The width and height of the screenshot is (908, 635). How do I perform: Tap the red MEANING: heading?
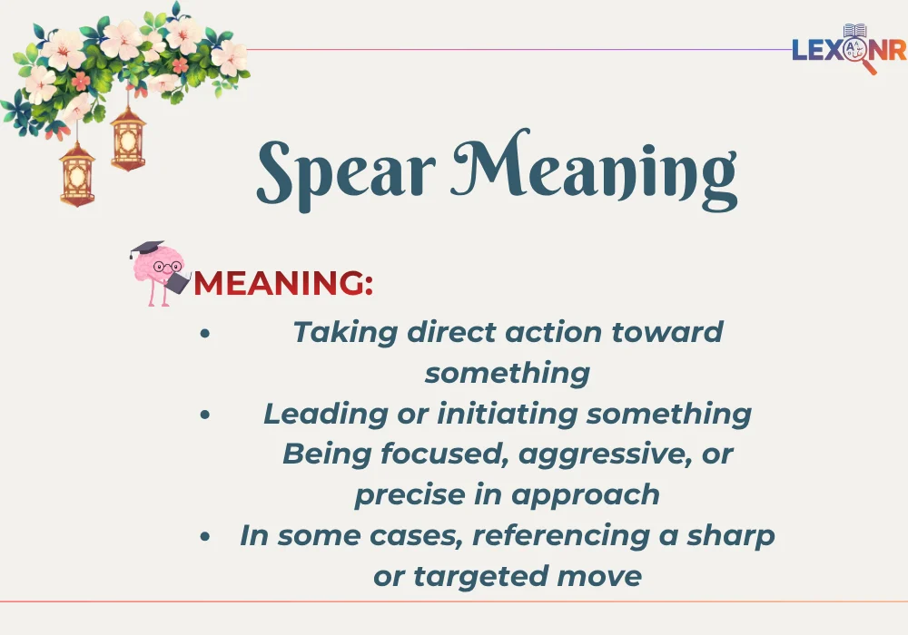tap(283, 284)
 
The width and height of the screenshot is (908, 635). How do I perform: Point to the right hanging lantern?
tap(128, 141)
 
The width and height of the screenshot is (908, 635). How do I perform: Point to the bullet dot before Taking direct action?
tap(205, 333)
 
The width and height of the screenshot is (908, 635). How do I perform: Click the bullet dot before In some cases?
tap(205, 537)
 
